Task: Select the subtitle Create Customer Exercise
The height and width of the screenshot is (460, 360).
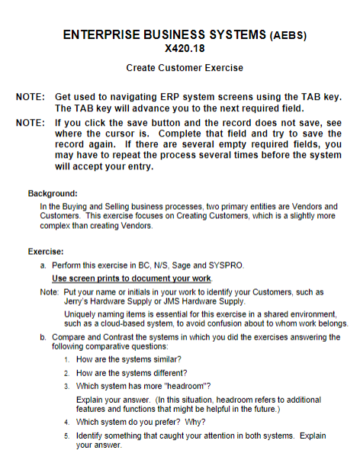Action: click(185, 68)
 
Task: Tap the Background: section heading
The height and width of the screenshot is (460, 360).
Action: click(53, 194)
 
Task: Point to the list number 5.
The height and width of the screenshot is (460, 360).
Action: click(67, 435)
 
